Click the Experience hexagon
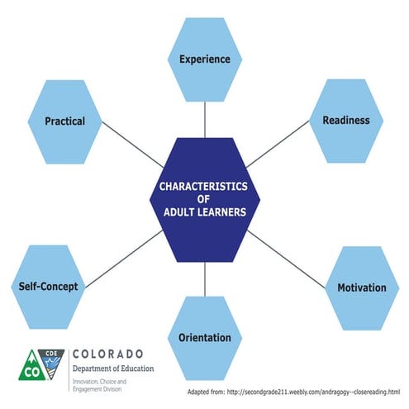[x=204, y=59]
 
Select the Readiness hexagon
[x=346, y=120]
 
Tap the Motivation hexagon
[x=361, y=288]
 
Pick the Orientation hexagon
[x=204, y=337]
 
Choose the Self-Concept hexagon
[x=48, y=287]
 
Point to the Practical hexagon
[x=64, y=121]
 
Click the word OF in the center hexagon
[x=204, y=198]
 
